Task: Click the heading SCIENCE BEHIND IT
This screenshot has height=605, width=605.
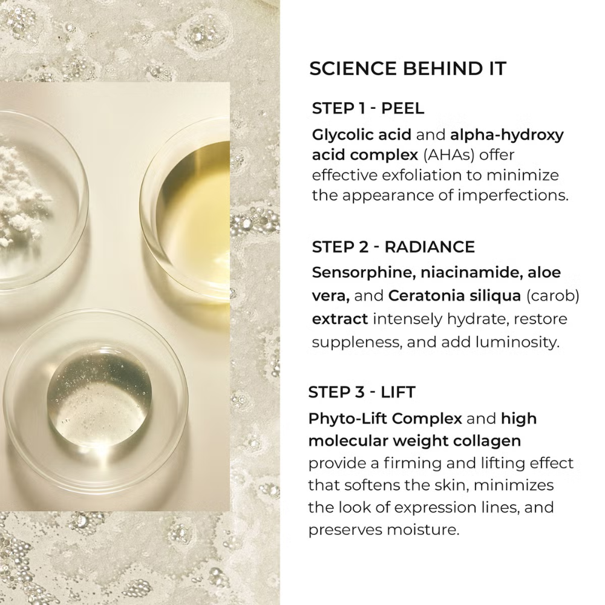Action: pos(407,69)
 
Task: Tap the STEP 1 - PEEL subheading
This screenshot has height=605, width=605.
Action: pos(368,108)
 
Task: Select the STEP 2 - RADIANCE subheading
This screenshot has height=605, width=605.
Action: pos(393,247)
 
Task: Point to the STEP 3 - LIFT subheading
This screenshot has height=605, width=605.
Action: pos(362,392)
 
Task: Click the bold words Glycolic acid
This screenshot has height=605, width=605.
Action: pos(362,135)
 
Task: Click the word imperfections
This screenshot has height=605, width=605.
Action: pos(513,195)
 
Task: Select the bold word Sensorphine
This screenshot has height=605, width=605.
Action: pos(364,272)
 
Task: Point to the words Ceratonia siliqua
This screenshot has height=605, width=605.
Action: pos(454,296)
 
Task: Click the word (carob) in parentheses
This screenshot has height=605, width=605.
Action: pos(552,296)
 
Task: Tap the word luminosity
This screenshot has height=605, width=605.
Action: pos(517,342)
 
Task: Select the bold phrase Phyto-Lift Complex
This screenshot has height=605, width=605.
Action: pos(385,419)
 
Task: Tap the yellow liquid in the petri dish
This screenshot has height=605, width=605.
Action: pos(193,216)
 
